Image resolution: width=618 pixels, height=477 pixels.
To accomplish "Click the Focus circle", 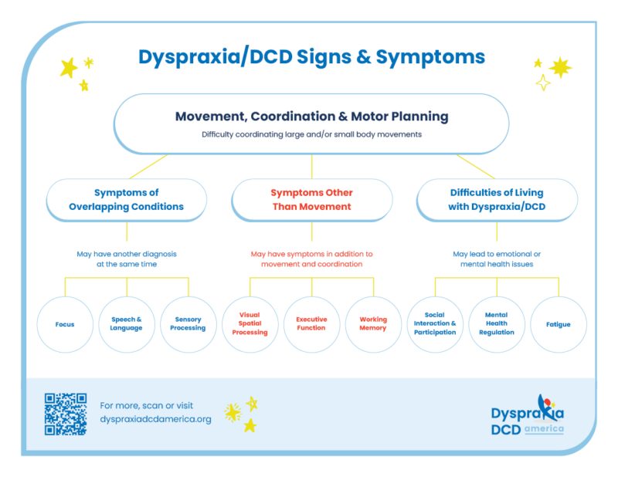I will pyautogui.click(x=65, y=324).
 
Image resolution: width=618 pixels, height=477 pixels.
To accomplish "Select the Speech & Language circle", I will pyautogui.click(x=127, y=324).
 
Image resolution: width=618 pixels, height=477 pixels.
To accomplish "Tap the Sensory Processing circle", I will pyautogui.click(x=188, y=324).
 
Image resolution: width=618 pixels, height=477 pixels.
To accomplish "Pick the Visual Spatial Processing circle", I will pyautogui.click(x=250, y=324).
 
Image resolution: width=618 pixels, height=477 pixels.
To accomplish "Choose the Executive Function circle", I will pyautogui.click(x=311, y=324).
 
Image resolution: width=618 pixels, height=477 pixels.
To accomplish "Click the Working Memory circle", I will pyautogui.click(x=373, y=324).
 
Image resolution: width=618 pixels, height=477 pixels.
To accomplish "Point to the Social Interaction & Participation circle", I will pyautogui.click(x=435, y=324).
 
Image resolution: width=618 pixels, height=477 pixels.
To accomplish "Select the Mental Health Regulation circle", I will pyautogui.click(x=497, y=324).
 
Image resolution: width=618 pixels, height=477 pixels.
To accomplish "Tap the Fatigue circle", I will pyautogui.click(x=558, y=324).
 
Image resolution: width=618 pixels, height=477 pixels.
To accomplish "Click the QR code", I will pyautogui.click(x=66, y=414).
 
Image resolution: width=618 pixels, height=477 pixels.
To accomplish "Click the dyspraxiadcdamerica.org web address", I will pyautogui.click(x=155, y=419).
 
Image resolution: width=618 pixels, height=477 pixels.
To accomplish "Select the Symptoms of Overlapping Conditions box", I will pyautogui.click(x=127, y=200).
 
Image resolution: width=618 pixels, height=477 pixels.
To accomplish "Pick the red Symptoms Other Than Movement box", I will pyautogui.click(x=311, y=200).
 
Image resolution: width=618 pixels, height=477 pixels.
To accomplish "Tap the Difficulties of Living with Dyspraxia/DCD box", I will pyautogui.click(x=497, y=200).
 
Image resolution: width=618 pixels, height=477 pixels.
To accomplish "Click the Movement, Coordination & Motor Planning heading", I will pyautogui.click(x=311, y=117).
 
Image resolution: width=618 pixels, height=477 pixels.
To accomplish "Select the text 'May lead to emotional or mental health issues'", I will pyautogui.click(x=497, y=259).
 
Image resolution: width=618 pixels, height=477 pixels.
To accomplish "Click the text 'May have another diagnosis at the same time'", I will pyautogui.click(x=127, y=259).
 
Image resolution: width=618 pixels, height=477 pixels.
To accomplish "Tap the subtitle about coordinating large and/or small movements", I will pyautogui.click(x=311, y=134).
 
